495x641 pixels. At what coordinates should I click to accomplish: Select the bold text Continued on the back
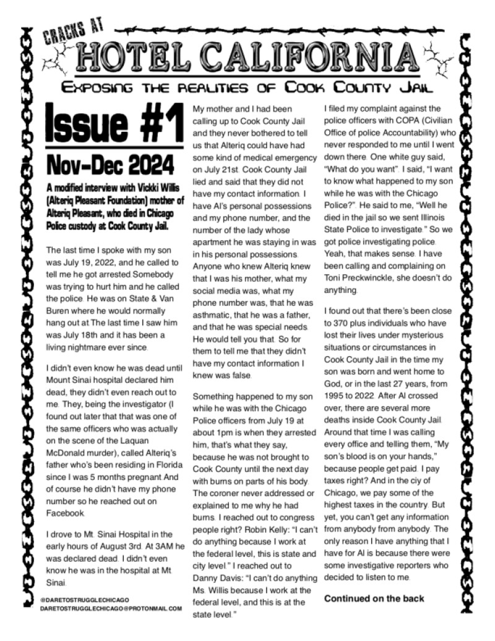[x=374, y=598]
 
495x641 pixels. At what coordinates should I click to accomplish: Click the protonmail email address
[x=111, y=609]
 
